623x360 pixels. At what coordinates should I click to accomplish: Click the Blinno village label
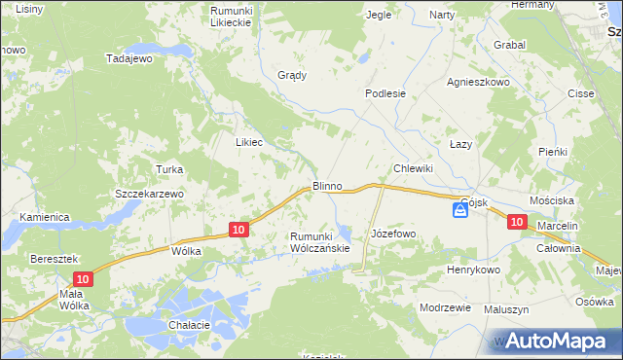coord(326,185)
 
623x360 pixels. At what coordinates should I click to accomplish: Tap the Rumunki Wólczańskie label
coord(319,242)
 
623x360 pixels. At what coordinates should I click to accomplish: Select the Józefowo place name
coord(393,234)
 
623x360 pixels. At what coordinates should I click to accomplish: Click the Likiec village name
coord(250,141)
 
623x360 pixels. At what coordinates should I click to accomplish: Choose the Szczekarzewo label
coord(149,194)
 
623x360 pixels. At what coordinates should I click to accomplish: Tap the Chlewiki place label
coord(412,168)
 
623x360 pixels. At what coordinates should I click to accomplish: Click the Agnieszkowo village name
coord(478,83)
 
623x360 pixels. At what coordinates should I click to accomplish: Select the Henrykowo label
coord(473,270)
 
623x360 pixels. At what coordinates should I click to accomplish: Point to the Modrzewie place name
coord(445,306)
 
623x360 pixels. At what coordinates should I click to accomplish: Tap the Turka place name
coord(169,169)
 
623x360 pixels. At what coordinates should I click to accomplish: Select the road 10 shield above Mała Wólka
coord(85,279)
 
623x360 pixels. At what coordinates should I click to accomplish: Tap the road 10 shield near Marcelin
coord(517,223)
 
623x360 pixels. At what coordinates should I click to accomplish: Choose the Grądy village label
coord(292,75)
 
